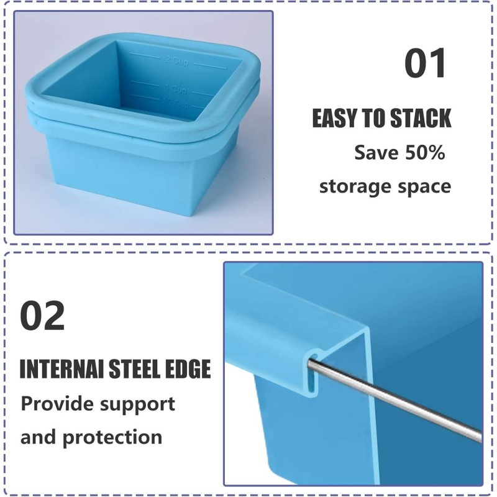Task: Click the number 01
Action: (426, 64)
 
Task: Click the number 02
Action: (42, 316)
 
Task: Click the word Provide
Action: (56, 404)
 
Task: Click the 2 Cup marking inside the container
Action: (176, 60)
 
